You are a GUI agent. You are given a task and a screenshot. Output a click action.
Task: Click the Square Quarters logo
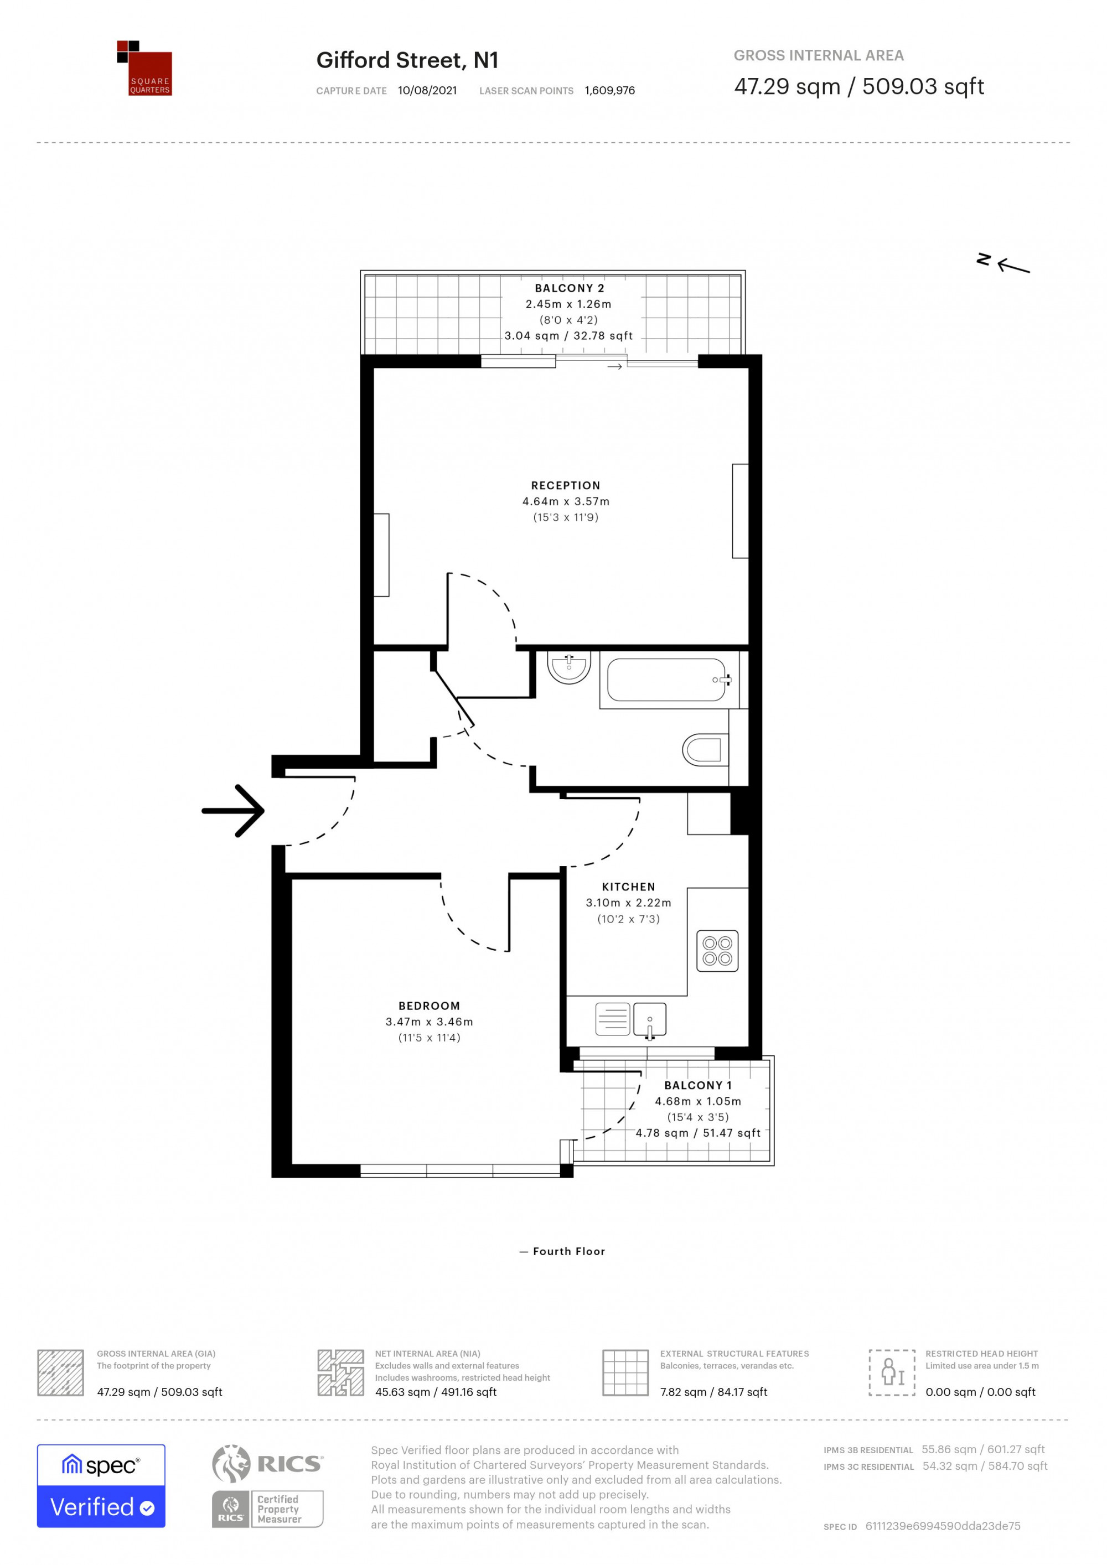click(144, 68)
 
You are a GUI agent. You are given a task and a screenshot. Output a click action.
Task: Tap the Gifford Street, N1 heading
click(407, 61)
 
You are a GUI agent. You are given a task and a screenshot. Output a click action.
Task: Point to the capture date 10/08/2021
click(427, 91)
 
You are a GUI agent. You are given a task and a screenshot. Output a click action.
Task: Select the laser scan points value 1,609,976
click(609, 91)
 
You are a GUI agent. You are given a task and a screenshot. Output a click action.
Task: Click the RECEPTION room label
click(566, 485)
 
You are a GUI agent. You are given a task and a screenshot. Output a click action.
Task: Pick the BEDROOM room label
click(430, 1006)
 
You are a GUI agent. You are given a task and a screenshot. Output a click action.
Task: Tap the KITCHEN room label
click(628, 887)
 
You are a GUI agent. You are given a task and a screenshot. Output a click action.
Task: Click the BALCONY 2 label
click(569, 288)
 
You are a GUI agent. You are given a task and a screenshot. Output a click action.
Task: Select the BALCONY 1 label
click(698, 1085)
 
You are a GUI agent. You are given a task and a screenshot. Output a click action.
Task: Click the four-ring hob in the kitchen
click(717, 951)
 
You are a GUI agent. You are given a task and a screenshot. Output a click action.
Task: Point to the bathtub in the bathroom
click(666, 680)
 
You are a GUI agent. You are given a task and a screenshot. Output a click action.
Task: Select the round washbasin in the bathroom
click(568, 667)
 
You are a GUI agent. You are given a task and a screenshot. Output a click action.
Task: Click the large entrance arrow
click(233, 810)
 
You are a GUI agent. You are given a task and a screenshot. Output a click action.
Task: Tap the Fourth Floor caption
click(569, 1251)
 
